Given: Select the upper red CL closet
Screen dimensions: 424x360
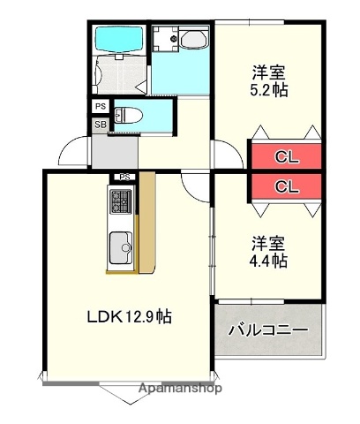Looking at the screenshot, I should pos(284,158).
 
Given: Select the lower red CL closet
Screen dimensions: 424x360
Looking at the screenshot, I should pos(284,186).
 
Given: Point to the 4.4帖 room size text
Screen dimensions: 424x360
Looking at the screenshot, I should pos(268,261).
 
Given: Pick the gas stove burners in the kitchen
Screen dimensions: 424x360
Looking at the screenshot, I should pos(120,202).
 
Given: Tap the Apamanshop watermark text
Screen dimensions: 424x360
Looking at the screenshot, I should pos(184,388).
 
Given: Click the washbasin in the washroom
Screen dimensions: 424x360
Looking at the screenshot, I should pos(191,39).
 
